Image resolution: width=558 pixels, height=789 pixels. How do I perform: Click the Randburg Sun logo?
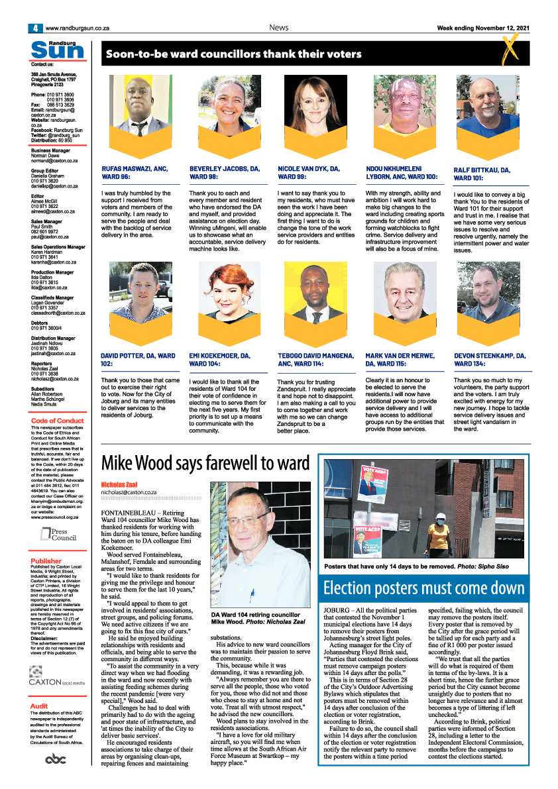[x=58, y=49]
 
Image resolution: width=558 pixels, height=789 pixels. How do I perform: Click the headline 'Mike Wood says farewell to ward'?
[x=205, y=462]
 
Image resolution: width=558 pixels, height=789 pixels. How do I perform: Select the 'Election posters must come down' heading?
[x=423, y=588]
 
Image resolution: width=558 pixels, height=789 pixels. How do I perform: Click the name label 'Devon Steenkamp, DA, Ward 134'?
[x=490, y=360]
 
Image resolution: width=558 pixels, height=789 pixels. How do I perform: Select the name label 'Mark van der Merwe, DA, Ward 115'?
[x=400, y=360]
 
